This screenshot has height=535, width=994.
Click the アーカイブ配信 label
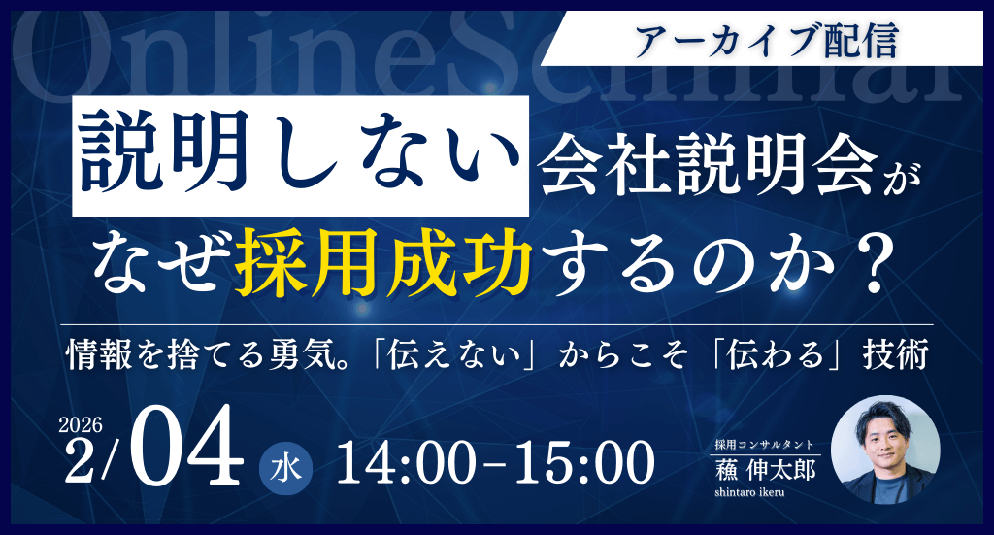[x=766, y=39]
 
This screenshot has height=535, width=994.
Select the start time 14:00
[x=401, y=464]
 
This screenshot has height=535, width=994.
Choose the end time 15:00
[x=578, y=464]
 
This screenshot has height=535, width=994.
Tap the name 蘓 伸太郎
[x=766, y=469]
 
